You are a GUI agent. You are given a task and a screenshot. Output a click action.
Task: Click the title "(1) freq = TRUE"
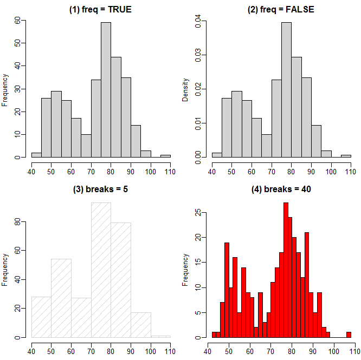coord(101,10)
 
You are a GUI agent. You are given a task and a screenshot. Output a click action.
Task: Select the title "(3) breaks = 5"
coord(101,189)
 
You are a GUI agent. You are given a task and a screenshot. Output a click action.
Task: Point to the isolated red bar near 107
coord(349,335)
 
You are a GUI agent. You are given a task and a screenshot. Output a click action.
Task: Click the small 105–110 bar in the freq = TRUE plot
coord(165,156)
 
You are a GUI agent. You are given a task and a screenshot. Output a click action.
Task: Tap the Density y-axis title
coord(186,90)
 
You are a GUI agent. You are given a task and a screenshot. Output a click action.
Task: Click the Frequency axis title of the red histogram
coord(186,270)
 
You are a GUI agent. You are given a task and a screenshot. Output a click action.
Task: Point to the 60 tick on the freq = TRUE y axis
coord(17,20)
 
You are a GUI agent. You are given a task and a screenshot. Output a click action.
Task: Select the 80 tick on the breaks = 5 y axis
coord(17,222)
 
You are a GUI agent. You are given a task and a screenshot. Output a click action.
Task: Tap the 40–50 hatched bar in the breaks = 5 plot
coord(41,317)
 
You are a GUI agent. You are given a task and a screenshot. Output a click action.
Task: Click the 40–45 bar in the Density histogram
coord(217,155)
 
